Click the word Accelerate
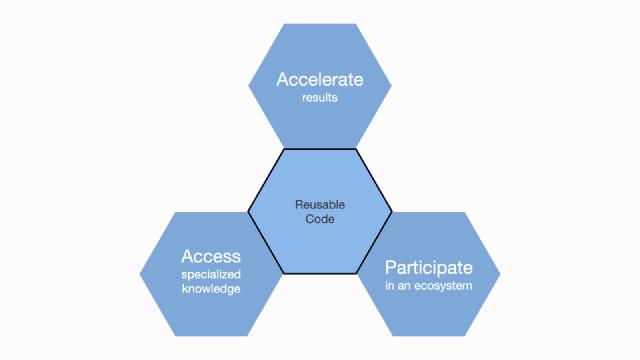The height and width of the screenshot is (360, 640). point(319,79)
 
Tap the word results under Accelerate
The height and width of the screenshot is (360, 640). point(319,99)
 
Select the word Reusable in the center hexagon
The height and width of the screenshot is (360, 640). point(319,205)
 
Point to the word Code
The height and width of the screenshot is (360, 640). point(319,220)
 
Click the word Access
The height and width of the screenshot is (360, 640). point(210,256)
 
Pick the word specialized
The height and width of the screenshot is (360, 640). point(212,274)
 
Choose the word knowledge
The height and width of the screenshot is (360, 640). point(211,289)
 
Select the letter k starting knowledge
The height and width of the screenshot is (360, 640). point(184,289)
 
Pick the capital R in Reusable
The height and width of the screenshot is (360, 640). point(298,205)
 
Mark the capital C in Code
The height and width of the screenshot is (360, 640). point(308,220)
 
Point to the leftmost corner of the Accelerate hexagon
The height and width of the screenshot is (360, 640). point(248,87)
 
